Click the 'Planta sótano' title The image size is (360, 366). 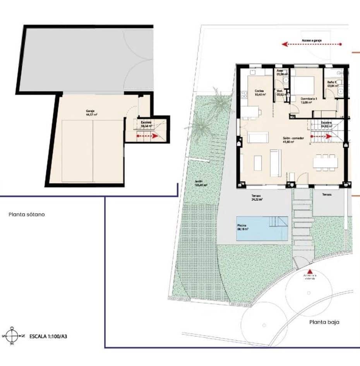pos(26,214)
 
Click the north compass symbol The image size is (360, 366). pos(12,335)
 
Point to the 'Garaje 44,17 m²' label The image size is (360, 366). pos(91,113)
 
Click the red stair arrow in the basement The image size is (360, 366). pos(147,136)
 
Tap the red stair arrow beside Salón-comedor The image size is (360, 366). pos(322,136)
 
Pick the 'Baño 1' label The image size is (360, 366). pos(331,84)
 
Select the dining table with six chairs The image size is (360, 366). pos(324,163)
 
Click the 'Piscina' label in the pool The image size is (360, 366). pos(243,227)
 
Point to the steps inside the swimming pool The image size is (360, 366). pos(278,222)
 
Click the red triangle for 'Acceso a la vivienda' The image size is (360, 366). pos(309,272)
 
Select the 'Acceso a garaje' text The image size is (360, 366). pos(312,40)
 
